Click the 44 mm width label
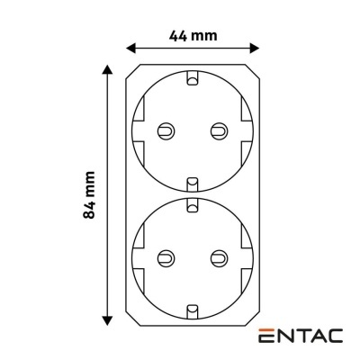pyautogui.click(x=193, y=37)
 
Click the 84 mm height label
pyautogui.click(x=87, y=194)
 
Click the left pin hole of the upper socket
pyautogui.click(x=165, y=130)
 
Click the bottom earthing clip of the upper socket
pyautogui.click(x=192, y=183)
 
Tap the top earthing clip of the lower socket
pyautogui.click(x=192, y=206)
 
